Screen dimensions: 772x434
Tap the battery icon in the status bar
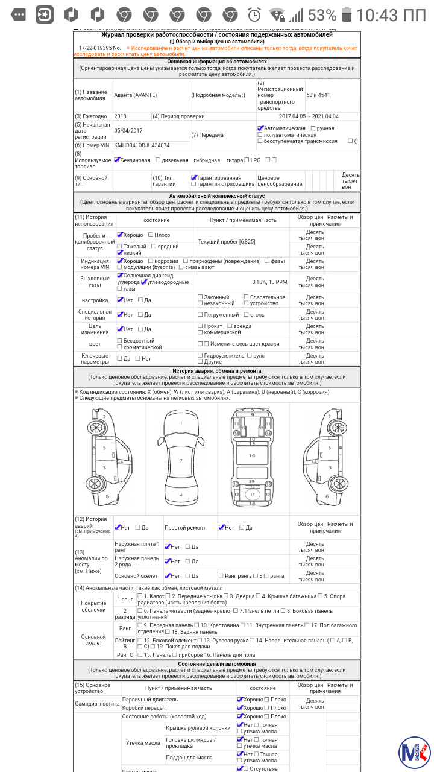pyautogui.click(x=347, y=14)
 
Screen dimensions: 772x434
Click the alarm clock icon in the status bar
pyautogui.click(x=255, y=14)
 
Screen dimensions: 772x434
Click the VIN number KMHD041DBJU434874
pyautogui.click(x=142, y=145)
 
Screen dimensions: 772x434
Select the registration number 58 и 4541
pyautogui.click(x=318, y=95)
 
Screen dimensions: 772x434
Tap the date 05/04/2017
pyautogui.click(x=128, y=130)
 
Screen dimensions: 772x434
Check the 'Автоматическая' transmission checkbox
pyautogui.click(x=260, y=128)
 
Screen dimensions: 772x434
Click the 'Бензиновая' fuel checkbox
pyautogui.click(x=117, y=160)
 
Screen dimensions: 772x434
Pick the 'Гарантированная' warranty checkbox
pyautogui.click(x=194, y=178)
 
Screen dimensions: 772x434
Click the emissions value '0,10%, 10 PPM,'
pyautogui.click(x=271, y=282)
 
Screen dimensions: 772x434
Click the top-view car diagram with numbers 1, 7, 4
pyautogui.click(x=181, y=458)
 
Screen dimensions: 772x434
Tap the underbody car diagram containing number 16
pyautogui.click(x=252, y=458)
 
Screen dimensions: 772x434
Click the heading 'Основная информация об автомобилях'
pyautogui.click(x=217, y=62)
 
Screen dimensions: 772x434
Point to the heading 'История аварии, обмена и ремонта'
pyautogui.click(x=217, y=371)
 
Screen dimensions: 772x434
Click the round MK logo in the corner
pyautogui.click(x=413, y=751)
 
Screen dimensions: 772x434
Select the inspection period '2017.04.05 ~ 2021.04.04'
pyautogui.click(x=309, y=116)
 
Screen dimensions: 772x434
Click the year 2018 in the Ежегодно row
pyautogui.click(x=121, y=116)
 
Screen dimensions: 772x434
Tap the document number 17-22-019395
pyautogui.click(x=95, y=48)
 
